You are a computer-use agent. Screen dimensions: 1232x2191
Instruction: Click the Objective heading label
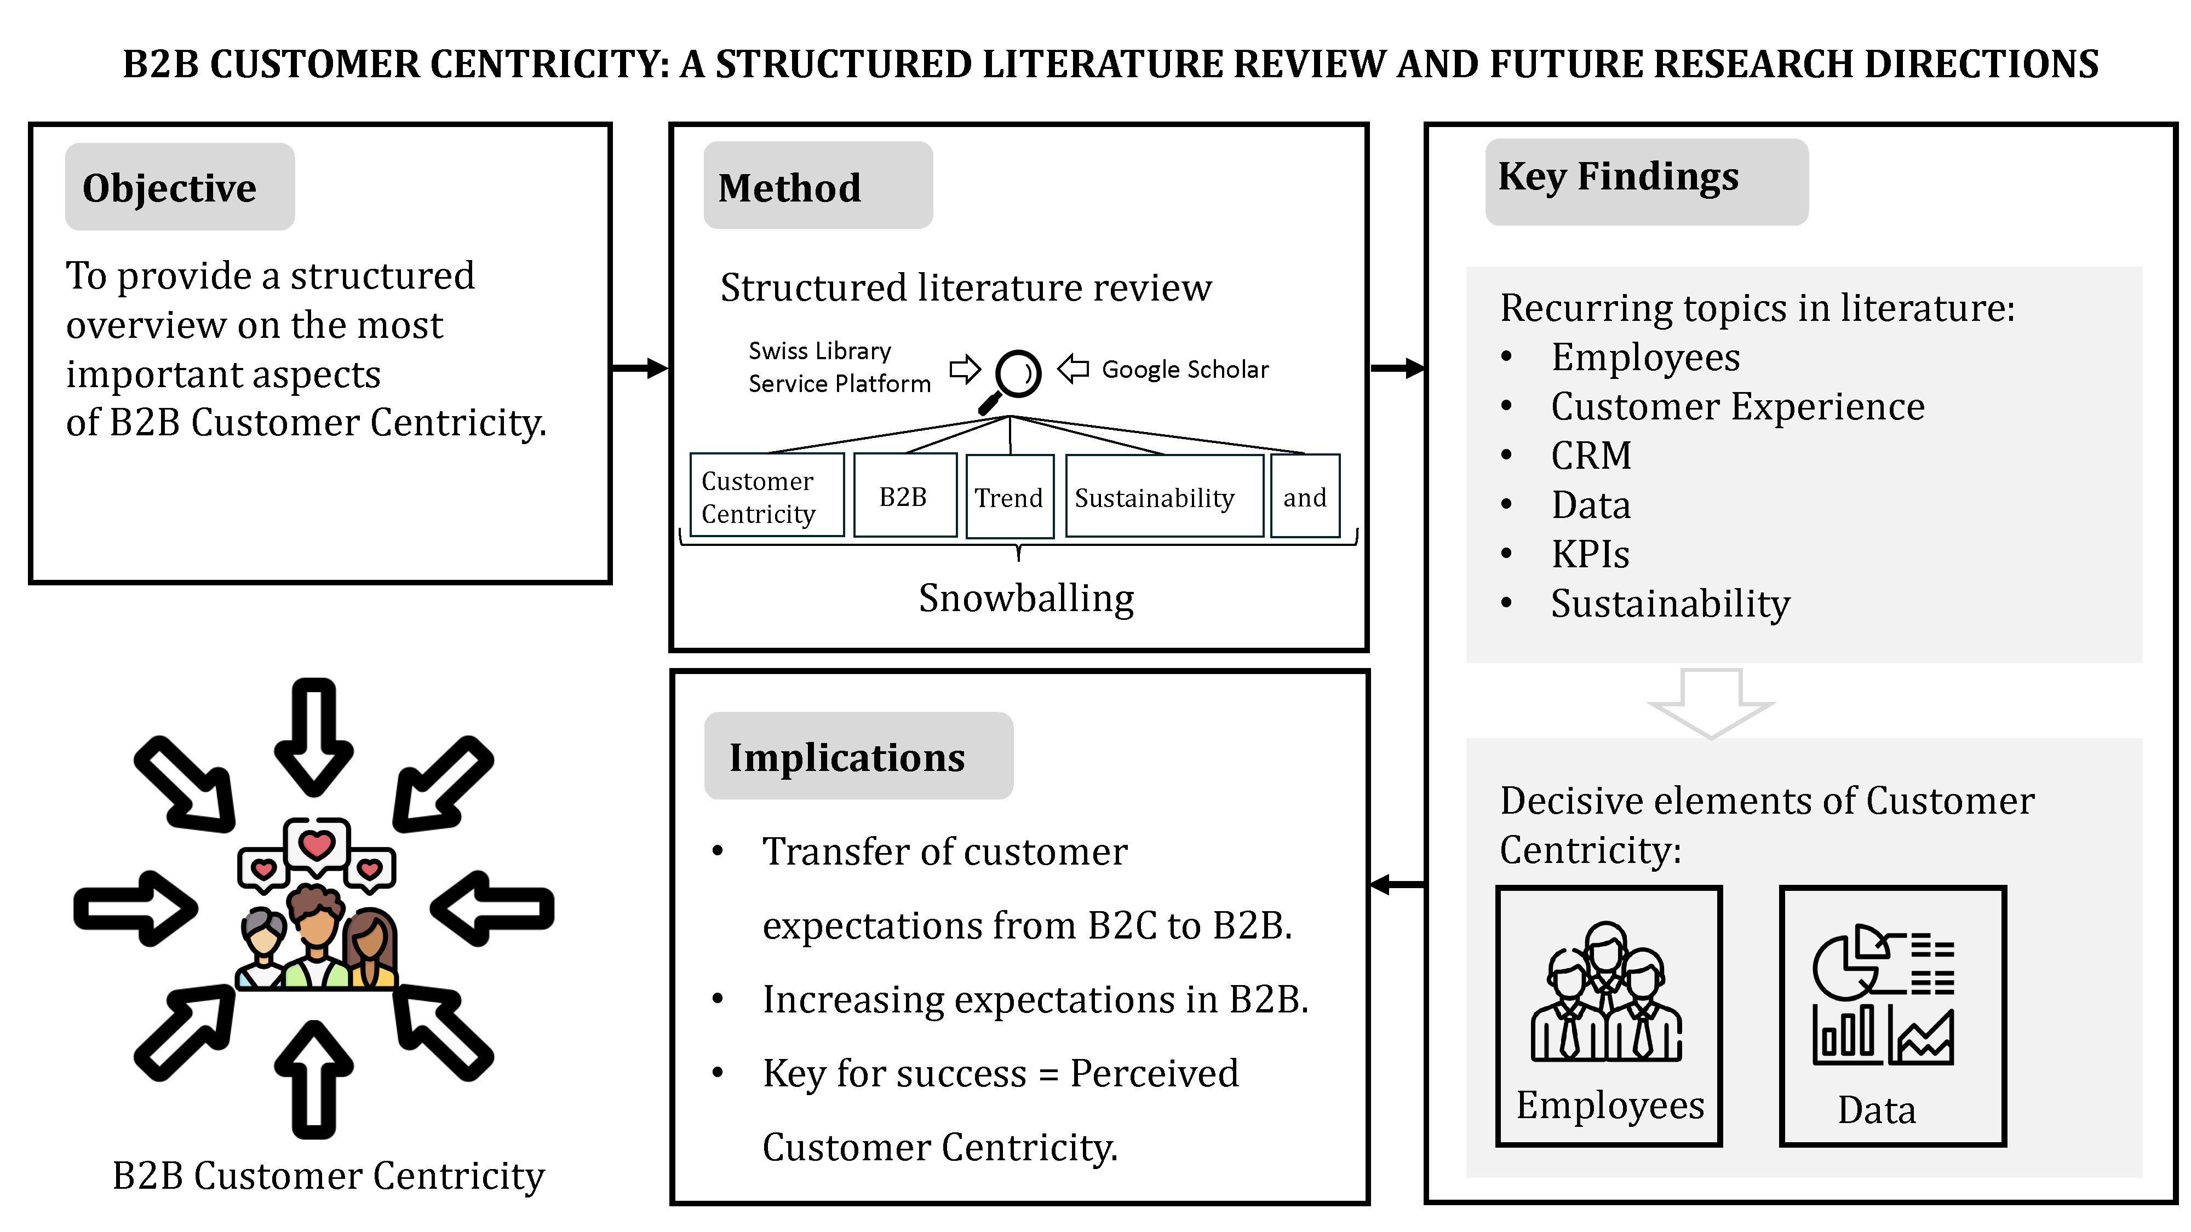(169, 188)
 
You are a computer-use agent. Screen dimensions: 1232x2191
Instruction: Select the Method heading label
(789, 188)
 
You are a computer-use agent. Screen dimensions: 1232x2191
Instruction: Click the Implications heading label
(847, 757)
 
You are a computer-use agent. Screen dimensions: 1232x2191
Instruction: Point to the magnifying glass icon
(1012, 379)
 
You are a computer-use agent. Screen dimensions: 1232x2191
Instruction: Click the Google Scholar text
(1185, 370)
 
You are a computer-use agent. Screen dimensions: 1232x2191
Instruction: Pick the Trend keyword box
(1009, 497)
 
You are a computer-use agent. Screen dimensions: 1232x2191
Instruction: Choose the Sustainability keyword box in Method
(1154, 497)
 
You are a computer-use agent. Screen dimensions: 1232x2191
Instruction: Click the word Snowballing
(1026, 598)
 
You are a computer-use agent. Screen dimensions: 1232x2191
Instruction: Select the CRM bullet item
(1591, 456)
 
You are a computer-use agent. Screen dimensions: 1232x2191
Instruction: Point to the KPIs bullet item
(1590, 554)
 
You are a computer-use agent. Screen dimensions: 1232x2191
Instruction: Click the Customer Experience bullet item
(1737, 406)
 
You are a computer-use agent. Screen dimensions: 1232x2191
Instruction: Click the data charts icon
(1883, 995)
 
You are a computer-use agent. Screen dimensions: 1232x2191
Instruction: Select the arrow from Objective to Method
(640, 368)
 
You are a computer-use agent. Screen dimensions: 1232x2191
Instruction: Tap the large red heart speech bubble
(317, 845)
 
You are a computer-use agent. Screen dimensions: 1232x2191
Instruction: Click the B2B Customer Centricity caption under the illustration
(328, 1176)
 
